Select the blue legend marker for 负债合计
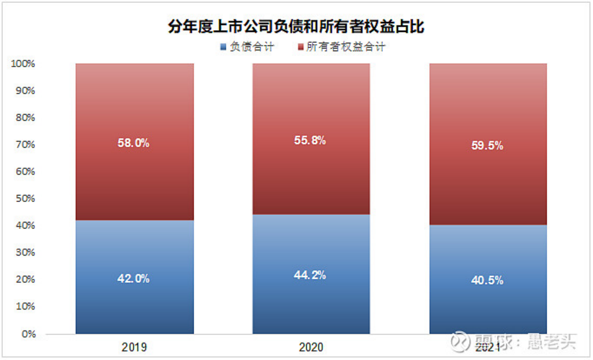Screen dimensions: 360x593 point(223,47)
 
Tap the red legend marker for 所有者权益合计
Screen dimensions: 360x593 point(301,47)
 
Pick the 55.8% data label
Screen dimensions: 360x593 point(311,140)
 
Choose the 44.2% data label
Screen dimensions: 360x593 point(311,275)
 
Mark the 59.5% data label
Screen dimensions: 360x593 point(488,146)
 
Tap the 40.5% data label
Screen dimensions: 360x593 point(488,281)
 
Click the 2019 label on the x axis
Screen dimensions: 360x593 point(134,348)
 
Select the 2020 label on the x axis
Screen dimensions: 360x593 point(311,348)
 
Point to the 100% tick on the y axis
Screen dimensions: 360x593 point(23,64)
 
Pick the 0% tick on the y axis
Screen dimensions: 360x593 point(28,334)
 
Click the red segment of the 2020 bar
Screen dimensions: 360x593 point(311,174)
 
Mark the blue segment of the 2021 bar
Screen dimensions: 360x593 point(488,307)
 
